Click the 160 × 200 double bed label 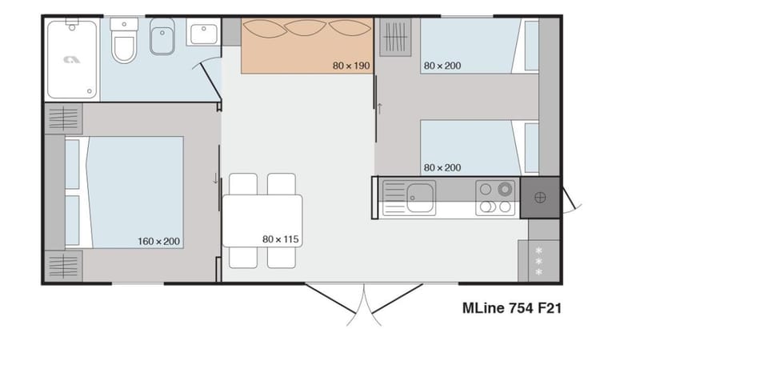coord(158,241)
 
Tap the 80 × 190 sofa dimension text coord(351,66)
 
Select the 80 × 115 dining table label coord(280,239)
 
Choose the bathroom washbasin coord(202,34)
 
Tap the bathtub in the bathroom coord(72,59)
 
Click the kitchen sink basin coord(420,196)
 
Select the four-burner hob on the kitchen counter coord(495,197)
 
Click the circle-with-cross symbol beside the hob coord(539,198)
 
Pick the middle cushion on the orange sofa coord(307,29)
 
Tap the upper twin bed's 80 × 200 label coord(442,66)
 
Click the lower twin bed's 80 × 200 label coord(442,167)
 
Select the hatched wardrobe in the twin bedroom coord(395,38)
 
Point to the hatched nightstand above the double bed coord(63,118)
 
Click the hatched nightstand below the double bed coord(63,264)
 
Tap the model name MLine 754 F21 coord(511,308)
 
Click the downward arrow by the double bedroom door coord(215,178)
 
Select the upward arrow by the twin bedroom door coord(380,108)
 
